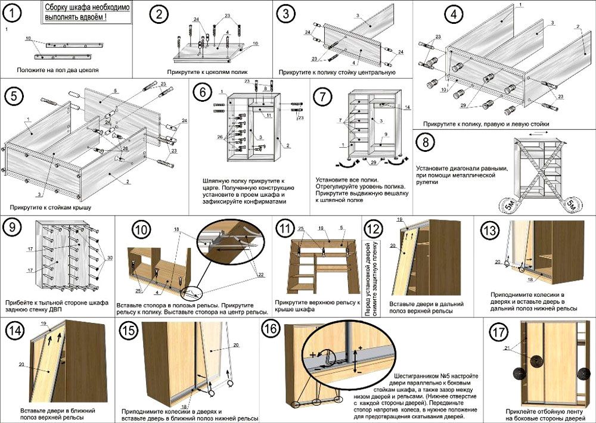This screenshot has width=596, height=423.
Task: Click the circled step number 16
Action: [x=271, y=329]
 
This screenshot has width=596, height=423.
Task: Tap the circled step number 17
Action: [x=498, y=332]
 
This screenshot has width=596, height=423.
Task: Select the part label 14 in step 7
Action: [x=407, y=107]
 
